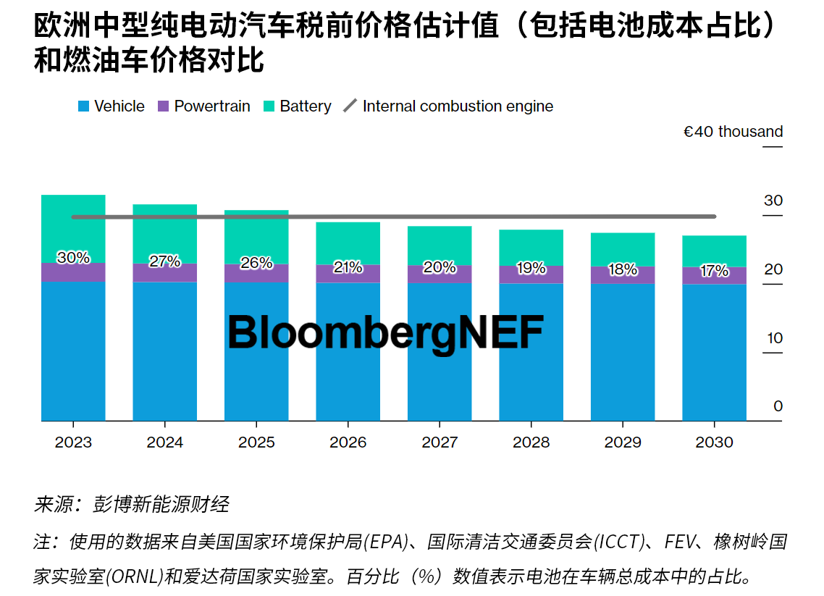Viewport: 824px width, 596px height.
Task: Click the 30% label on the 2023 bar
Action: pyautogui.click(x=73, y=257)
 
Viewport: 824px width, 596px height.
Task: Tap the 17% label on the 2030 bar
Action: pyautogui.click(x=714, y=271)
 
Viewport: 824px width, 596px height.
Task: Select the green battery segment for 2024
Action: pyautogui.click(x=164, y=228)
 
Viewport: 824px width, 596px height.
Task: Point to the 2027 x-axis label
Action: pyautogui.click(x=440, y=442)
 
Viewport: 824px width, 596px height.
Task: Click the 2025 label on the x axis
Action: pyautogui.click(x=256, y=442)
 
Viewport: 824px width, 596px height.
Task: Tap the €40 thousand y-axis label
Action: pyautogui.click(x=733, y=132)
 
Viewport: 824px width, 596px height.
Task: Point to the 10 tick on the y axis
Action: pyautogui.click(x=775, y=338)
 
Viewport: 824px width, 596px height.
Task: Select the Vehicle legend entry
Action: pyautogui.click(x=112, y=106)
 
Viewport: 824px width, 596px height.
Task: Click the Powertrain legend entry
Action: pyautogui.click(x=203, y=106)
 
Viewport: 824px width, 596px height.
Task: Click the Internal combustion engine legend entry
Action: pyautogui.click(x=449, y=106)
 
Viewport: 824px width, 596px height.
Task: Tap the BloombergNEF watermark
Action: pyautogui.click(x=385, y=333)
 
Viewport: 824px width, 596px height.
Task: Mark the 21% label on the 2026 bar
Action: pyautogui.click(x=348, y=267)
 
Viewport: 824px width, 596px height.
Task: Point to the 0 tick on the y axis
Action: pyautogui.click(x=778, y=406)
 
